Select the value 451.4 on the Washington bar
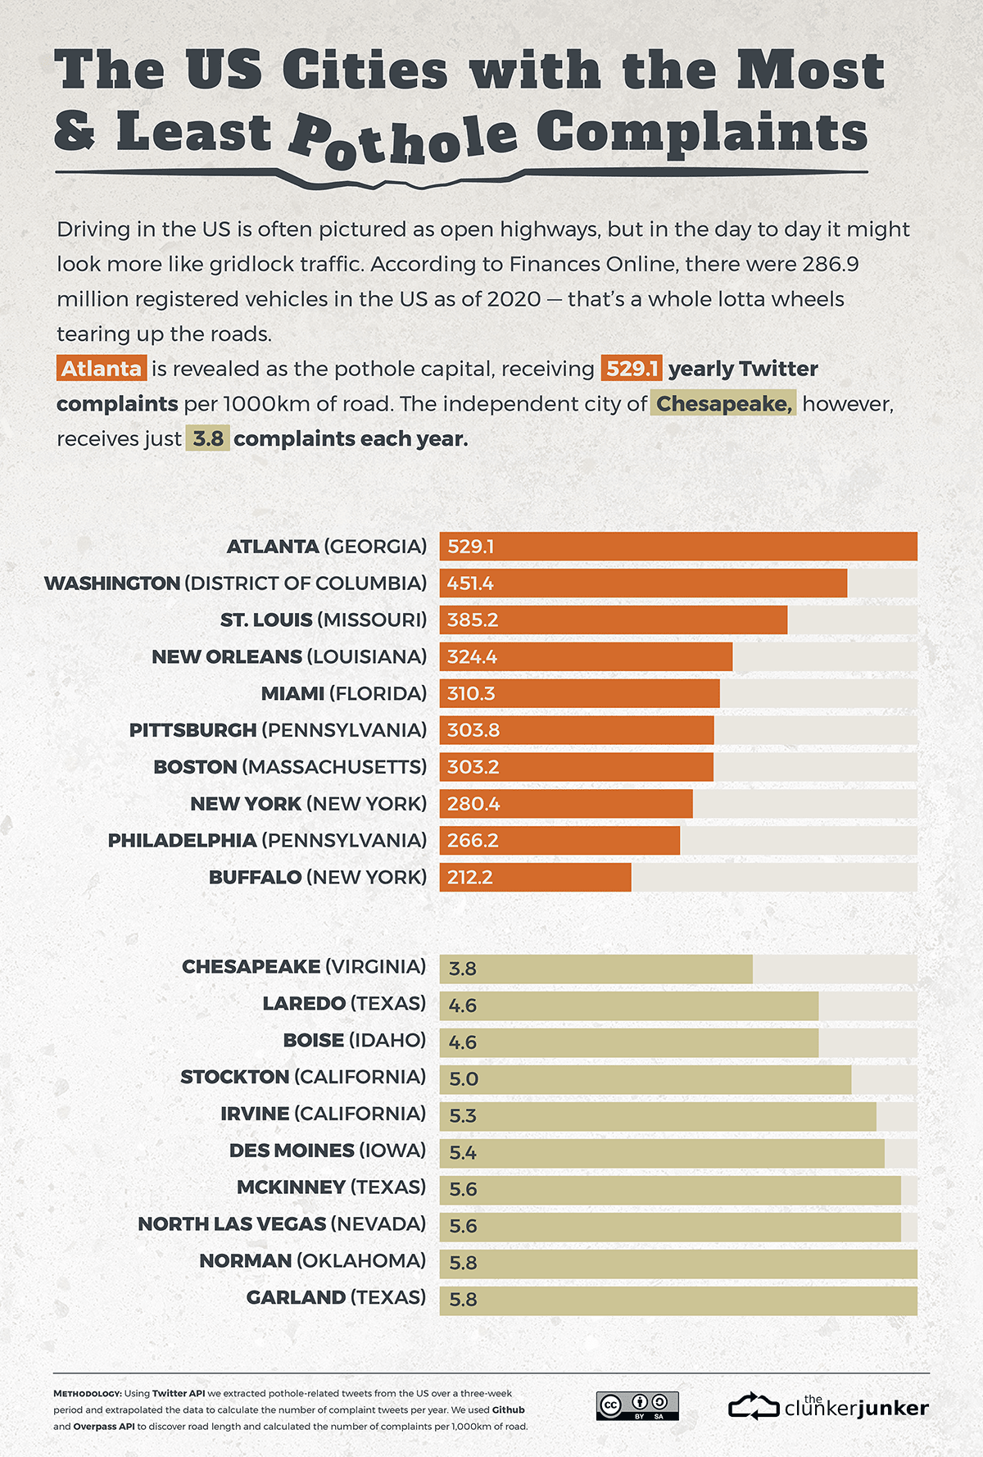pos(470,583)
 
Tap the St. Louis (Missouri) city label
pos(323,620)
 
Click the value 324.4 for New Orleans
pos(472,657)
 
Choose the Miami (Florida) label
pos(343,694)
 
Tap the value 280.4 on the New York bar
pos(473,804)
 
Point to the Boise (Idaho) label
pos(354,1041)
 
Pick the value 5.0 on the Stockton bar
pos(464,1079)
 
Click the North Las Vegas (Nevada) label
pos(282,1224)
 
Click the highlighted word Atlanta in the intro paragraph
pos(102,369)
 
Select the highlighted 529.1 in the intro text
pos(632,369)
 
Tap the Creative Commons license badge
pos(637,1405)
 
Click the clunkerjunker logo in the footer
pos(828,1406)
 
